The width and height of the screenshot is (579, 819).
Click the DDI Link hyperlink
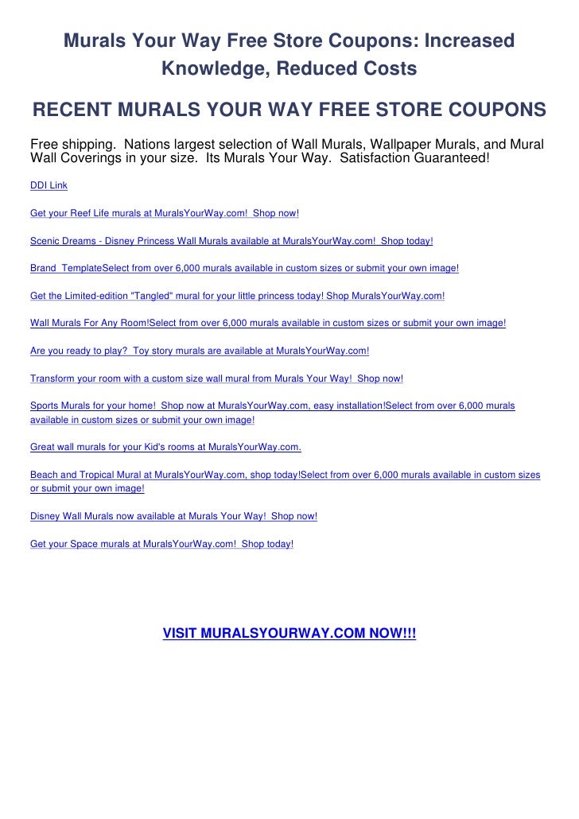(49, 185)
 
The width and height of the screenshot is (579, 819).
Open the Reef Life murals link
(164, 214)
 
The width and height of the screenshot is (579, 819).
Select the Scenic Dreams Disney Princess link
(231, 239)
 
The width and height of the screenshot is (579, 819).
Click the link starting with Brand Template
(244, 268)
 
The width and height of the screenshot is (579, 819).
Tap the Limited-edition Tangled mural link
(237, 296)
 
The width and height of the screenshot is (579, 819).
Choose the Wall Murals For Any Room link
(267, 324)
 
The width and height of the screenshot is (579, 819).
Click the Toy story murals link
(199, 350)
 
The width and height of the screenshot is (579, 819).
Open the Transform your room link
(216, 378)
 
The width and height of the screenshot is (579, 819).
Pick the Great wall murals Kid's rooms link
(165, 447)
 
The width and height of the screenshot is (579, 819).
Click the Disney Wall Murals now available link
(173, 516)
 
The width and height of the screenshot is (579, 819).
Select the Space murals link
(161, 544)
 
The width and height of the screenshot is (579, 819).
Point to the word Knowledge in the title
(210, 69)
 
